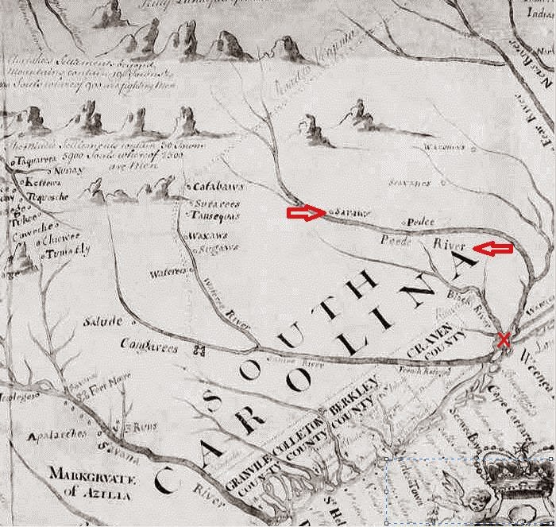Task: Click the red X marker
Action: (x=503, y=339)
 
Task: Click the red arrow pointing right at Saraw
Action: (x=306, y=213)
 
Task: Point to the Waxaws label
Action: (x=204, y=236)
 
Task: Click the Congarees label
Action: (x=155, y=345)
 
